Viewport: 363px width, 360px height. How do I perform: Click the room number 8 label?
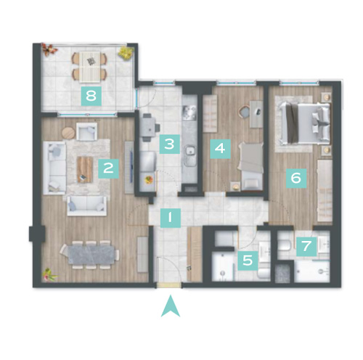click(91, 96)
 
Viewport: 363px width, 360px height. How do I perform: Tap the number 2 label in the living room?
click(108, 168)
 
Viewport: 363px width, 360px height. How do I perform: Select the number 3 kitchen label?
click(169, 144)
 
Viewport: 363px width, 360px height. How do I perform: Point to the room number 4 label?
click(220, 149)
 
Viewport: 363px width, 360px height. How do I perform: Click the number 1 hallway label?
click(171, 218)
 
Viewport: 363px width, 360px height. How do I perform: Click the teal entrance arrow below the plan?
click(171, 307)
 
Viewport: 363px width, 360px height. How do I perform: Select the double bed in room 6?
click(305, 123)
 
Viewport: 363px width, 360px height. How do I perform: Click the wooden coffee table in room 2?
click(85, 169)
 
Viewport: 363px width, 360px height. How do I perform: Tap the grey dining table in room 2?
click(91, 255)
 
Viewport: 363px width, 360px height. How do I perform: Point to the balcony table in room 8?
click(90, 66)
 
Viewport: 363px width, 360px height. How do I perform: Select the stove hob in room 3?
click(189, 112)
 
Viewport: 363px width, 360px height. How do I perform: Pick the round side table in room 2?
click(68, 133)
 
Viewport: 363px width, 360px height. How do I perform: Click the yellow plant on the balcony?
click(126, 52)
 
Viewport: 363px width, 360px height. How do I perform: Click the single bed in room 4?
click(251, 165)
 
